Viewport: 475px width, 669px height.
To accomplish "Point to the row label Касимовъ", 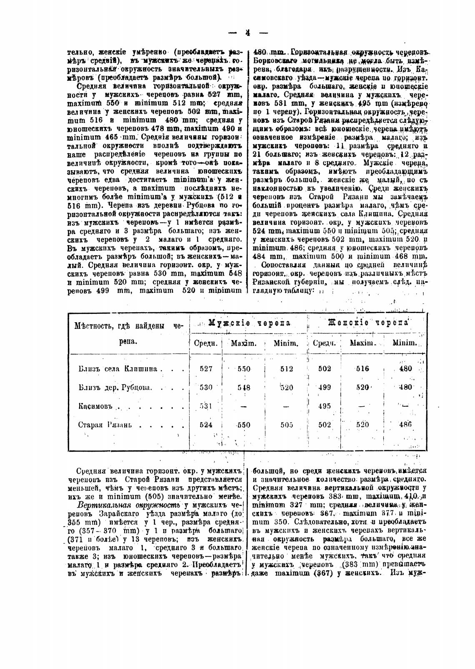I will [94, 406].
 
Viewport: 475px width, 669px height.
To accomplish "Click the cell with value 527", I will [206, 368].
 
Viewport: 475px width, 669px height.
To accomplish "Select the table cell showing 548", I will [244, 388].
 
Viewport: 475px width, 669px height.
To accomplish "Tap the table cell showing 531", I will [206, 406].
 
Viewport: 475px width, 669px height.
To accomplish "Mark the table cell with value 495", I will [325, 406].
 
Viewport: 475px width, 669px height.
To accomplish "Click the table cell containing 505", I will [286, 425].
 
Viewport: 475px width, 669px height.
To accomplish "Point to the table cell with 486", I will [405, 425].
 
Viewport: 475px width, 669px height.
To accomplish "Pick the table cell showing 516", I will [363, 368].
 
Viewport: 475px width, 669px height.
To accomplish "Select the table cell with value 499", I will [325, 387].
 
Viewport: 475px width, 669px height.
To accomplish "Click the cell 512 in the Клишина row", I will [286, 368].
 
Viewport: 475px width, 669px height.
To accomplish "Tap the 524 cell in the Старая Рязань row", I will [206, 425].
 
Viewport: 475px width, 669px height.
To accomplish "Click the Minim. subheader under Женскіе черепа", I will [405, 343].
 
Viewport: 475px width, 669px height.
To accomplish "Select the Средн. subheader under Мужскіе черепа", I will [206, 343].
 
